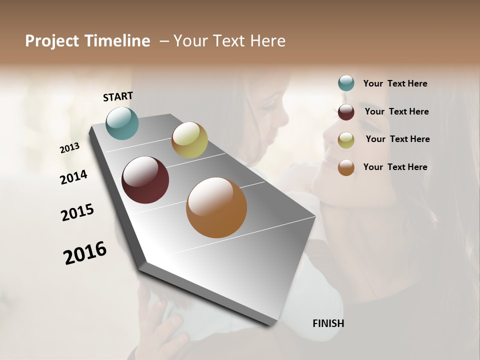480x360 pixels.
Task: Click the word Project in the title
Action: [x=50, y=41]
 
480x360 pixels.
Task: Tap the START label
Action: [x=118, y=96]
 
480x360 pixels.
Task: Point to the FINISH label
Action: [x=328, y=323]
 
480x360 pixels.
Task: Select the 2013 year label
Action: [x=70, y=148]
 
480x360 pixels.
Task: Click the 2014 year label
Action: [x=74, y=177]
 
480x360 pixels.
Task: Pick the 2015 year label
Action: [x=77, y=212]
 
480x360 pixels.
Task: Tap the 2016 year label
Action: [x=85, y=253]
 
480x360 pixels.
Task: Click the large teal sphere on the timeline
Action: [x=122, y=123]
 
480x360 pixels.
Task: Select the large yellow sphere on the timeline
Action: [x=189, y=140]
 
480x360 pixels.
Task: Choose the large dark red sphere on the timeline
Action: [x=145, y=180]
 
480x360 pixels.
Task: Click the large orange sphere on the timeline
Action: [x=216, y=207]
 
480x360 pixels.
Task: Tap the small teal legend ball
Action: [x=346, y=83]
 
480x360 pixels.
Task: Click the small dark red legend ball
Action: [x=346, y=112]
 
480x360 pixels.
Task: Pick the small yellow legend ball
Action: [x=346, y=140]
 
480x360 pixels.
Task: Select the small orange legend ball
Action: [x=346, y=167]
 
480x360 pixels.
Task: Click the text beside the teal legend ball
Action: [x=395, y=83]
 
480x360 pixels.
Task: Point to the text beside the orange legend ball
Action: [x=395, y=167]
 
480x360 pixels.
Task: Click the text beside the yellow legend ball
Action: [x=397, y=139]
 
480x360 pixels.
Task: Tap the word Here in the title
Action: [x=268, y=41]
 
